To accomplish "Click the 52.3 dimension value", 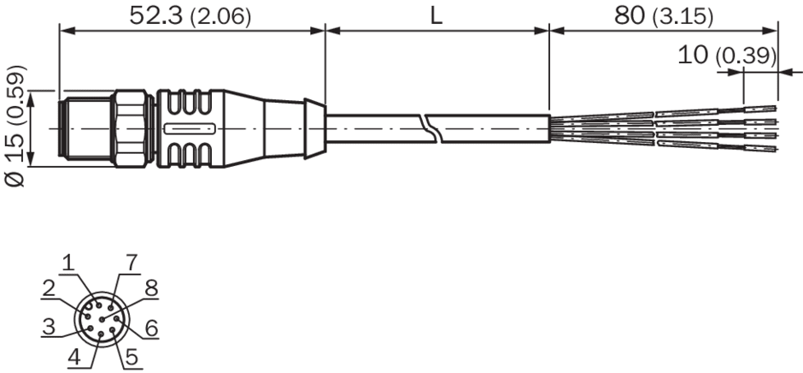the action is tap(156, 16).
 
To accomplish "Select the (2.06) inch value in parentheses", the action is tap(220, 17).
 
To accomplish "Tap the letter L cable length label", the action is tap(436, 16).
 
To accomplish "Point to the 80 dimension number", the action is tap(630, 16).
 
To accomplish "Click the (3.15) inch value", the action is tap(683, 17).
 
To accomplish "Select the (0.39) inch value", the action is tap(745, 56).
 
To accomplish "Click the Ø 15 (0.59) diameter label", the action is tap(15, 127).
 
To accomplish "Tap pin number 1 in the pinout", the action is tap(68, 263).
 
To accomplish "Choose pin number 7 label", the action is tap(132, 263).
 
